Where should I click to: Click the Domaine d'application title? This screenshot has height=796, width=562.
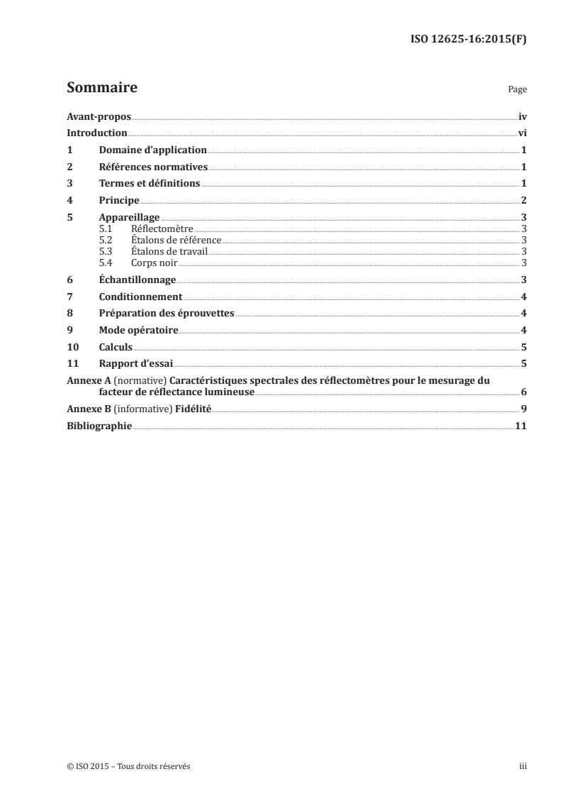(152, 150)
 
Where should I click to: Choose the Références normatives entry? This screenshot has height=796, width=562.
(153, 167)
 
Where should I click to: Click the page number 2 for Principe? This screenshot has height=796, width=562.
(523, 201)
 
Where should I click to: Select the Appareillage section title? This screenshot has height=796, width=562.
(129, 218)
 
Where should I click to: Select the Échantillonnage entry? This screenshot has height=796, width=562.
(137, 280)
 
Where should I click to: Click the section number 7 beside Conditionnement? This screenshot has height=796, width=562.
(69, 297)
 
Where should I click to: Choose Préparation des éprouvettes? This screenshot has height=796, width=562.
(167, 314)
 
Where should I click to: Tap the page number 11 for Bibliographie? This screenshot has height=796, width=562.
(520, 426)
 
